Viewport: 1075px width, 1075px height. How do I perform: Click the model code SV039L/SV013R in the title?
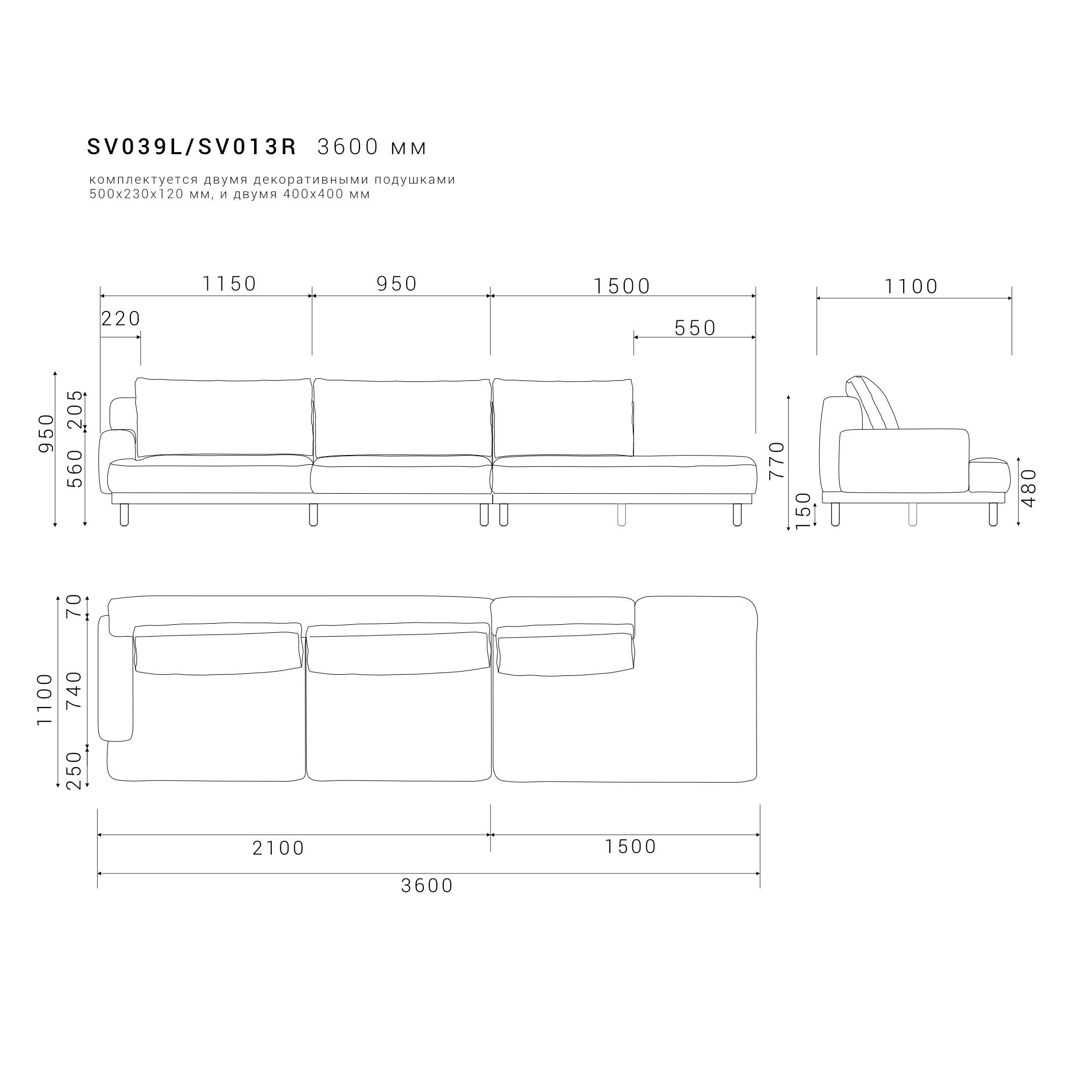[192, 147]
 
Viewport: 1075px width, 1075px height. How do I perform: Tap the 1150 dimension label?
[229, 284]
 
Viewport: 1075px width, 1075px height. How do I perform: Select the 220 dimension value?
[121, 319]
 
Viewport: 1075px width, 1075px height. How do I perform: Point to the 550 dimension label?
[695, 328]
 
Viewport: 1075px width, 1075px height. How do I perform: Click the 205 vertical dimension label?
[75, 409]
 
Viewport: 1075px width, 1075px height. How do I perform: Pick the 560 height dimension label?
[75, 468]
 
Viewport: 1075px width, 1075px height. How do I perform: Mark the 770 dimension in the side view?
[776, 460]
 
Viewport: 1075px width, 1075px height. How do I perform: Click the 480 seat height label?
[1029, 488]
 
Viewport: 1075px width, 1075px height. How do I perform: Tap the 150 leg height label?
[803, 511]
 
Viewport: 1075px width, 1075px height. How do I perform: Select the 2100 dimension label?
[278, 848]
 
